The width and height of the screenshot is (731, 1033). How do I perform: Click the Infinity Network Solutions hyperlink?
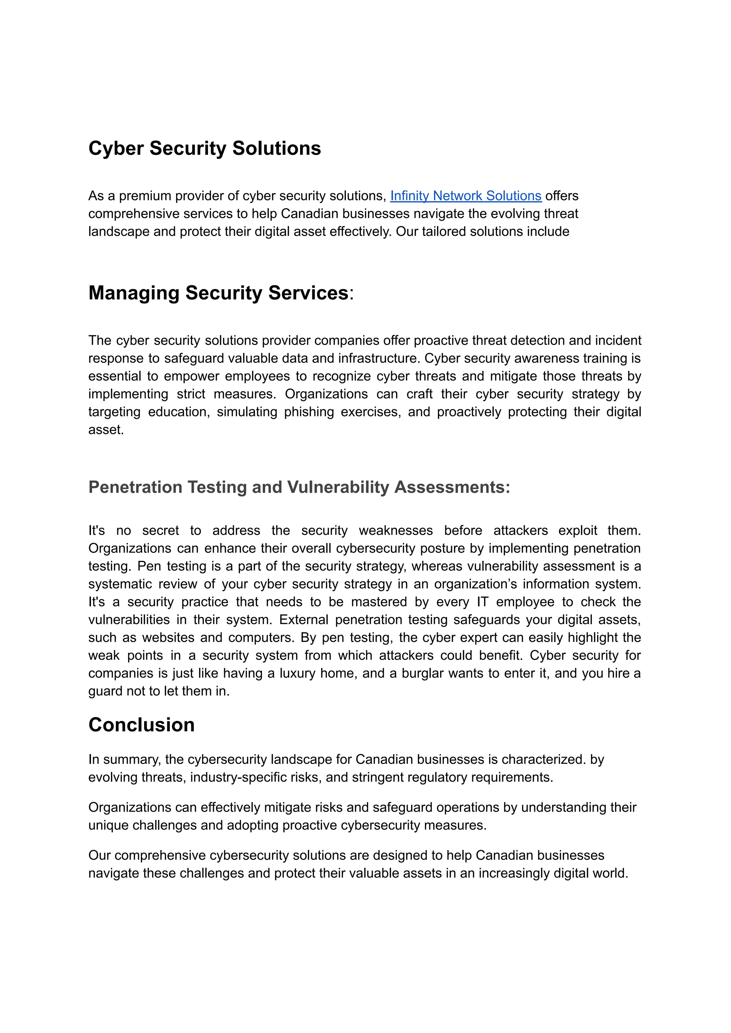pos(465,196)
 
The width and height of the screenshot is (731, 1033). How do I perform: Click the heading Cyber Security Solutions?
pos(205,148)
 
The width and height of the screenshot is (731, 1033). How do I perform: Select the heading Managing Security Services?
pos(218,293)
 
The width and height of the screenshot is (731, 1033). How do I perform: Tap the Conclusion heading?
pos(141,725)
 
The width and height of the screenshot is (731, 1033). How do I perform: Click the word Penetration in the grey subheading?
pos(135,487)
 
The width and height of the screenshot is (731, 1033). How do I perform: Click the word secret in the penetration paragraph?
pos(160,531)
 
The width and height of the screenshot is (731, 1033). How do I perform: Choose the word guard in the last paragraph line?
pos(105,691)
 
